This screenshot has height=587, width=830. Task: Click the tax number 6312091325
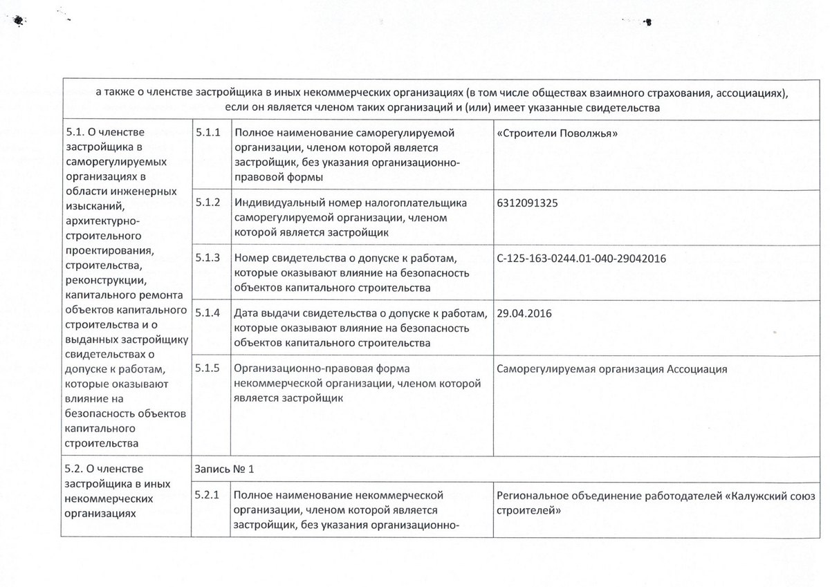528,203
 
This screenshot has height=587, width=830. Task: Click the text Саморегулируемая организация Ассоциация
611,369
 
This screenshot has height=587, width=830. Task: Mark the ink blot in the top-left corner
17,21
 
